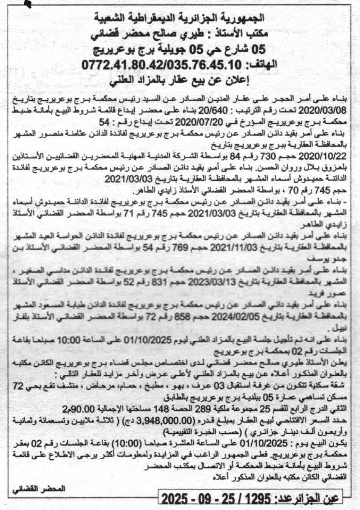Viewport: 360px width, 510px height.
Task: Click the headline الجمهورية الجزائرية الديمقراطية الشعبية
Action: tap(180, 18)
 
